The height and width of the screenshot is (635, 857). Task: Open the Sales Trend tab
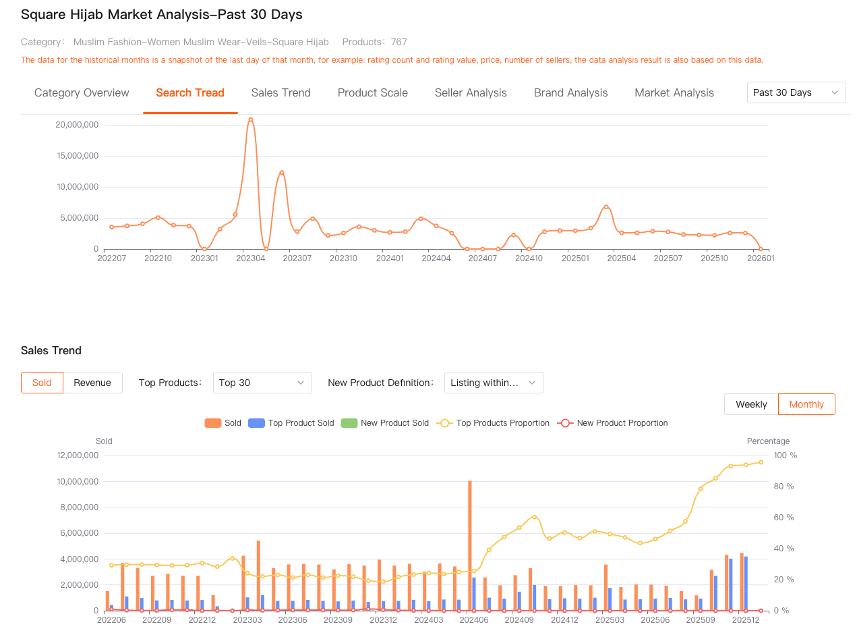pos(280,93)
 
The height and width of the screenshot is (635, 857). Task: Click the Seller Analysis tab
pos(471,93)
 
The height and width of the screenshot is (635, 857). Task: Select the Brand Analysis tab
pos(570,93)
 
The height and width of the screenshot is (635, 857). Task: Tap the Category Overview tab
pos(82,93)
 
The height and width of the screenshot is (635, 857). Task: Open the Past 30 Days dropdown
pos(796,92)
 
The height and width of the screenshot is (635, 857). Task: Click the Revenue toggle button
pos(92,383)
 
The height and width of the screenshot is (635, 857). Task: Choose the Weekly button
pos(751,404)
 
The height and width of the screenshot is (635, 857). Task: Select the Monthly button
pos(806,404)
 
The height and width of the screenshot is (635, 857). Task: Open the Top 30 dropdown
pos(262,383)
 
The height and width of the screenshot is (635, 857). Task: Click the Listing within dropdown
pos(493,383)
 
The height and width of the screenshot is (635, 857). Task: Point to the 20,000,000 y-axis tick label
pos(77,125)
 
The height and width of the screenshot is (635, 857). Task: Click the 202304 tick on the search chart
pos(251,258)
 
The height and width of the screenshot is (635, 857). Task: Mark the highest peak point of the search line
pos(251,119)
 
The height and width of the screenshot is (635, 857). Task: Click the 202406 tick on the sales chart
pos(474,619)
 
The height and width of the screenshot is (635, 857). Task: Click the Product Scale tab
pos(372,93)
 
